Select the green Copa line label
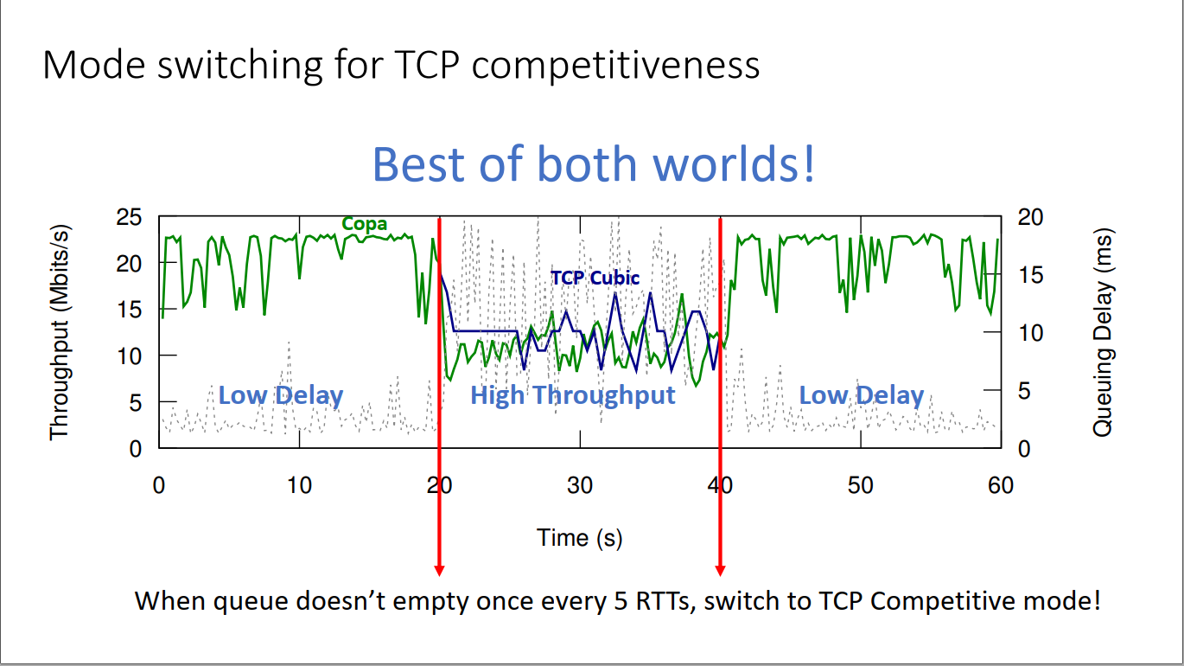[365, 224]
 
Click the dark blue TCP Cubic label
[595, 278]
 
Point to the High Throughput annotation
[572, 395]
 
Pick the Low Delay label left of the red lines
[281, 395]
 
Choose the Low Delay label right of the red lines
[861, 395]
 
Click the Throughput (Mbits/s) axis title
[59, 333]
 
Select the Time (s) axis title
[579, 537]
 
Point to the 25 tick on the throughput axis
[129, 217]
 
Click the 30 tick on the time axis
[580, 485]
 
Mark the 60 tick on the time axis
[1001, 485]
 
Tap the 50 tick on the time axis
[861, 485]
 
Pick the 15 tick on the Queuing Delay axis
[1031, 275]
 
